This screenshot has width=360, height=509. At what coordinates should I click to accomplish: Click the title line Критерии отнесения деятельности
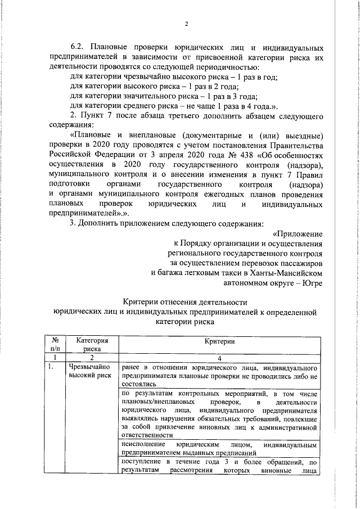[x=185, y=303]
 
